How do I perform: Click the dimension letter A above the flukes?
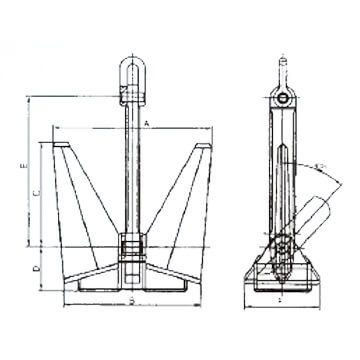pos(146,122)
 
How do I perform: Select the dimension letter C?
pos(39,191)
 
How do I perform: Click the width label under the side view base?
pos(282,299)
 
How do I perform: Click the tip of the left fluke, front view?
pos(60,147)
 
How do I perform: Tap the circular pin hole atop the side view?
pos(282,99)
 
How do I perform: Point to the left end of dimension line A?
pos(52,128)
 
